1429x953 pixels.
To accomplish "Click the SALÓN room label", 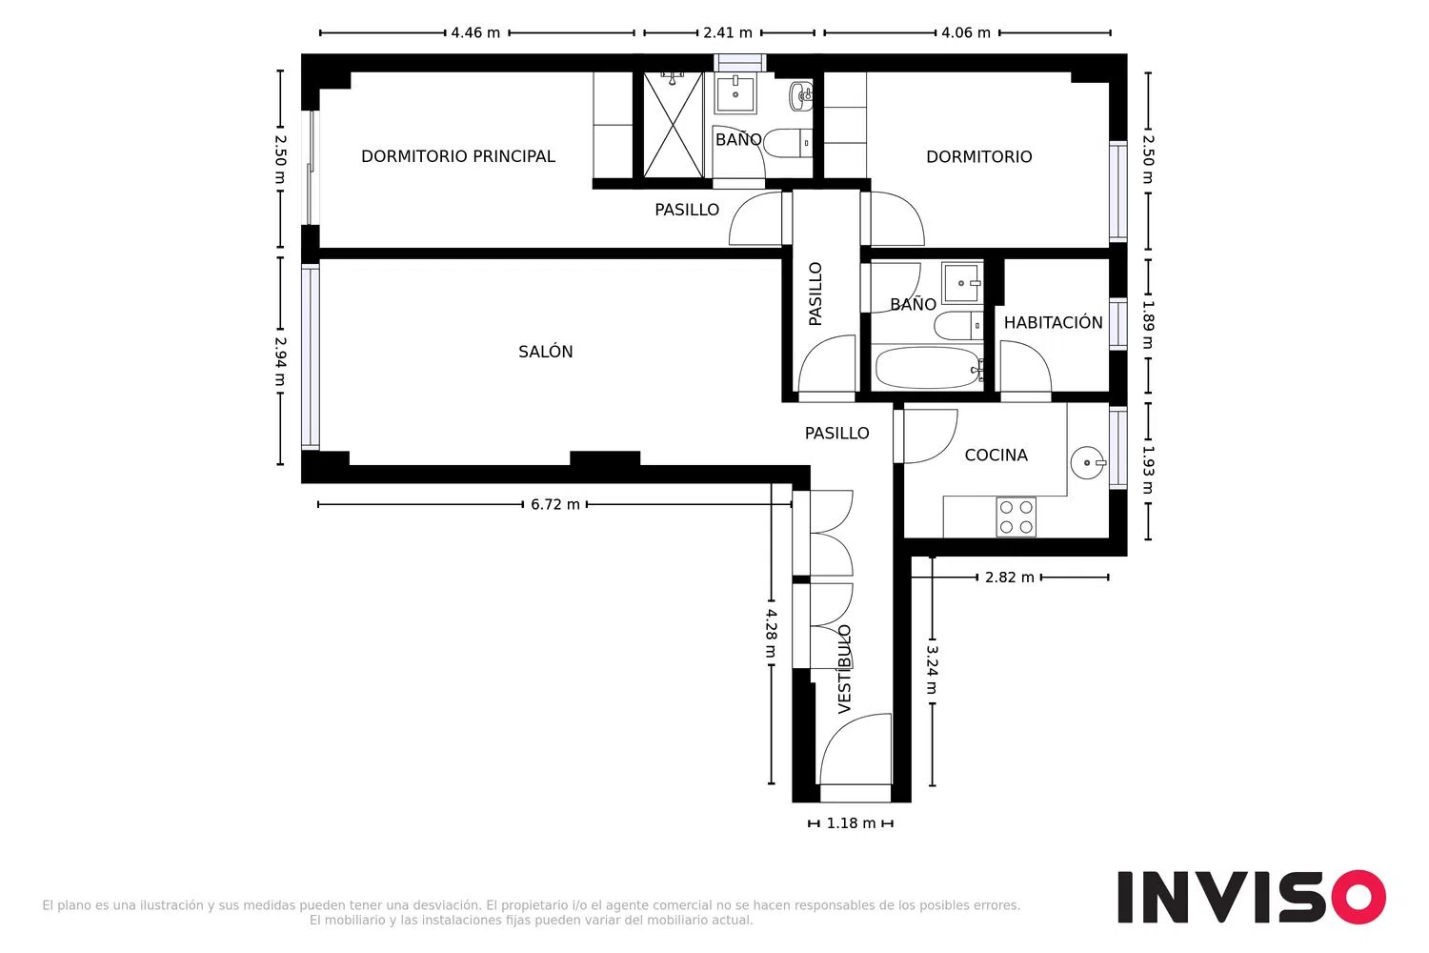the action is coord(546,351).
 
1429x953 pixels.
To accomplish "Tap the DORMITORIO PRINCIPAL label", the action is coord(458,156).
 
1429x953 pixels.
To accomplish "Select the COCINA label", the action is coord(996,456).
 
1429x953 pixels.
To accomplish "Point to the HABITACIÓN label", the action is coord(1054,322).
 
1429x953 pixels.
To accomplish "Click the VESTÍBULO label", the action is coord(844,669).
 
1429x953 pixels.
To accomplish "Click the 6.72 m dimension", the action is coord(555,504).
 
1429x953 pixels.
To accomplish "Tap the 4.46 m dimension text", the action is coord(475,32).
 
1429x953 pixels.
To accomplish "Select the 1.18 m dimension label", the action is coord(851,823).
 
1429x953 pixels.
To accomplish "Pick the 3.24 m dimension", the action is coord(932,670).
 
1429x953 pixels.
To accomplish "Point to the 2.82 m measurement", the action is coord(1009,577).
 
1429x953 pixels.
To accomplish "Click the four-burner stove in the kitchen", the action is coord(1016,517).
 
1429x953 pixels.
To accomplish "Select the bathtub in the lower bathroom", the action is coord(928,368).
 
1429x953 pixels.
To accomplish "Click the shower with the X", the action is coord(673,125).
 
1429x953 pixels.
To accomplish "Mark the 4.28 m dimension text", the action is coord(772,633).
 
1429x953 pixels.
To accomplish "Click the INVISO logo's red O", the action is coord(1359,897).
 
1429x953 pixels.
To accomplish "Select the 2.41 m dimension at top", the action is coord(728,32).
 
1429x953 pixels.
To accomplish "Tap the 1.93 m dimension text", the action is coord(1148,470).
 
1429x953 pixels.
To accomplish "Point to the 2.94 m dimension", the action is coord(280,361).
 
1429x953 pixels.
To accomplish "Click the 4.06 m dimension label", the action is coord(966,32).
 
